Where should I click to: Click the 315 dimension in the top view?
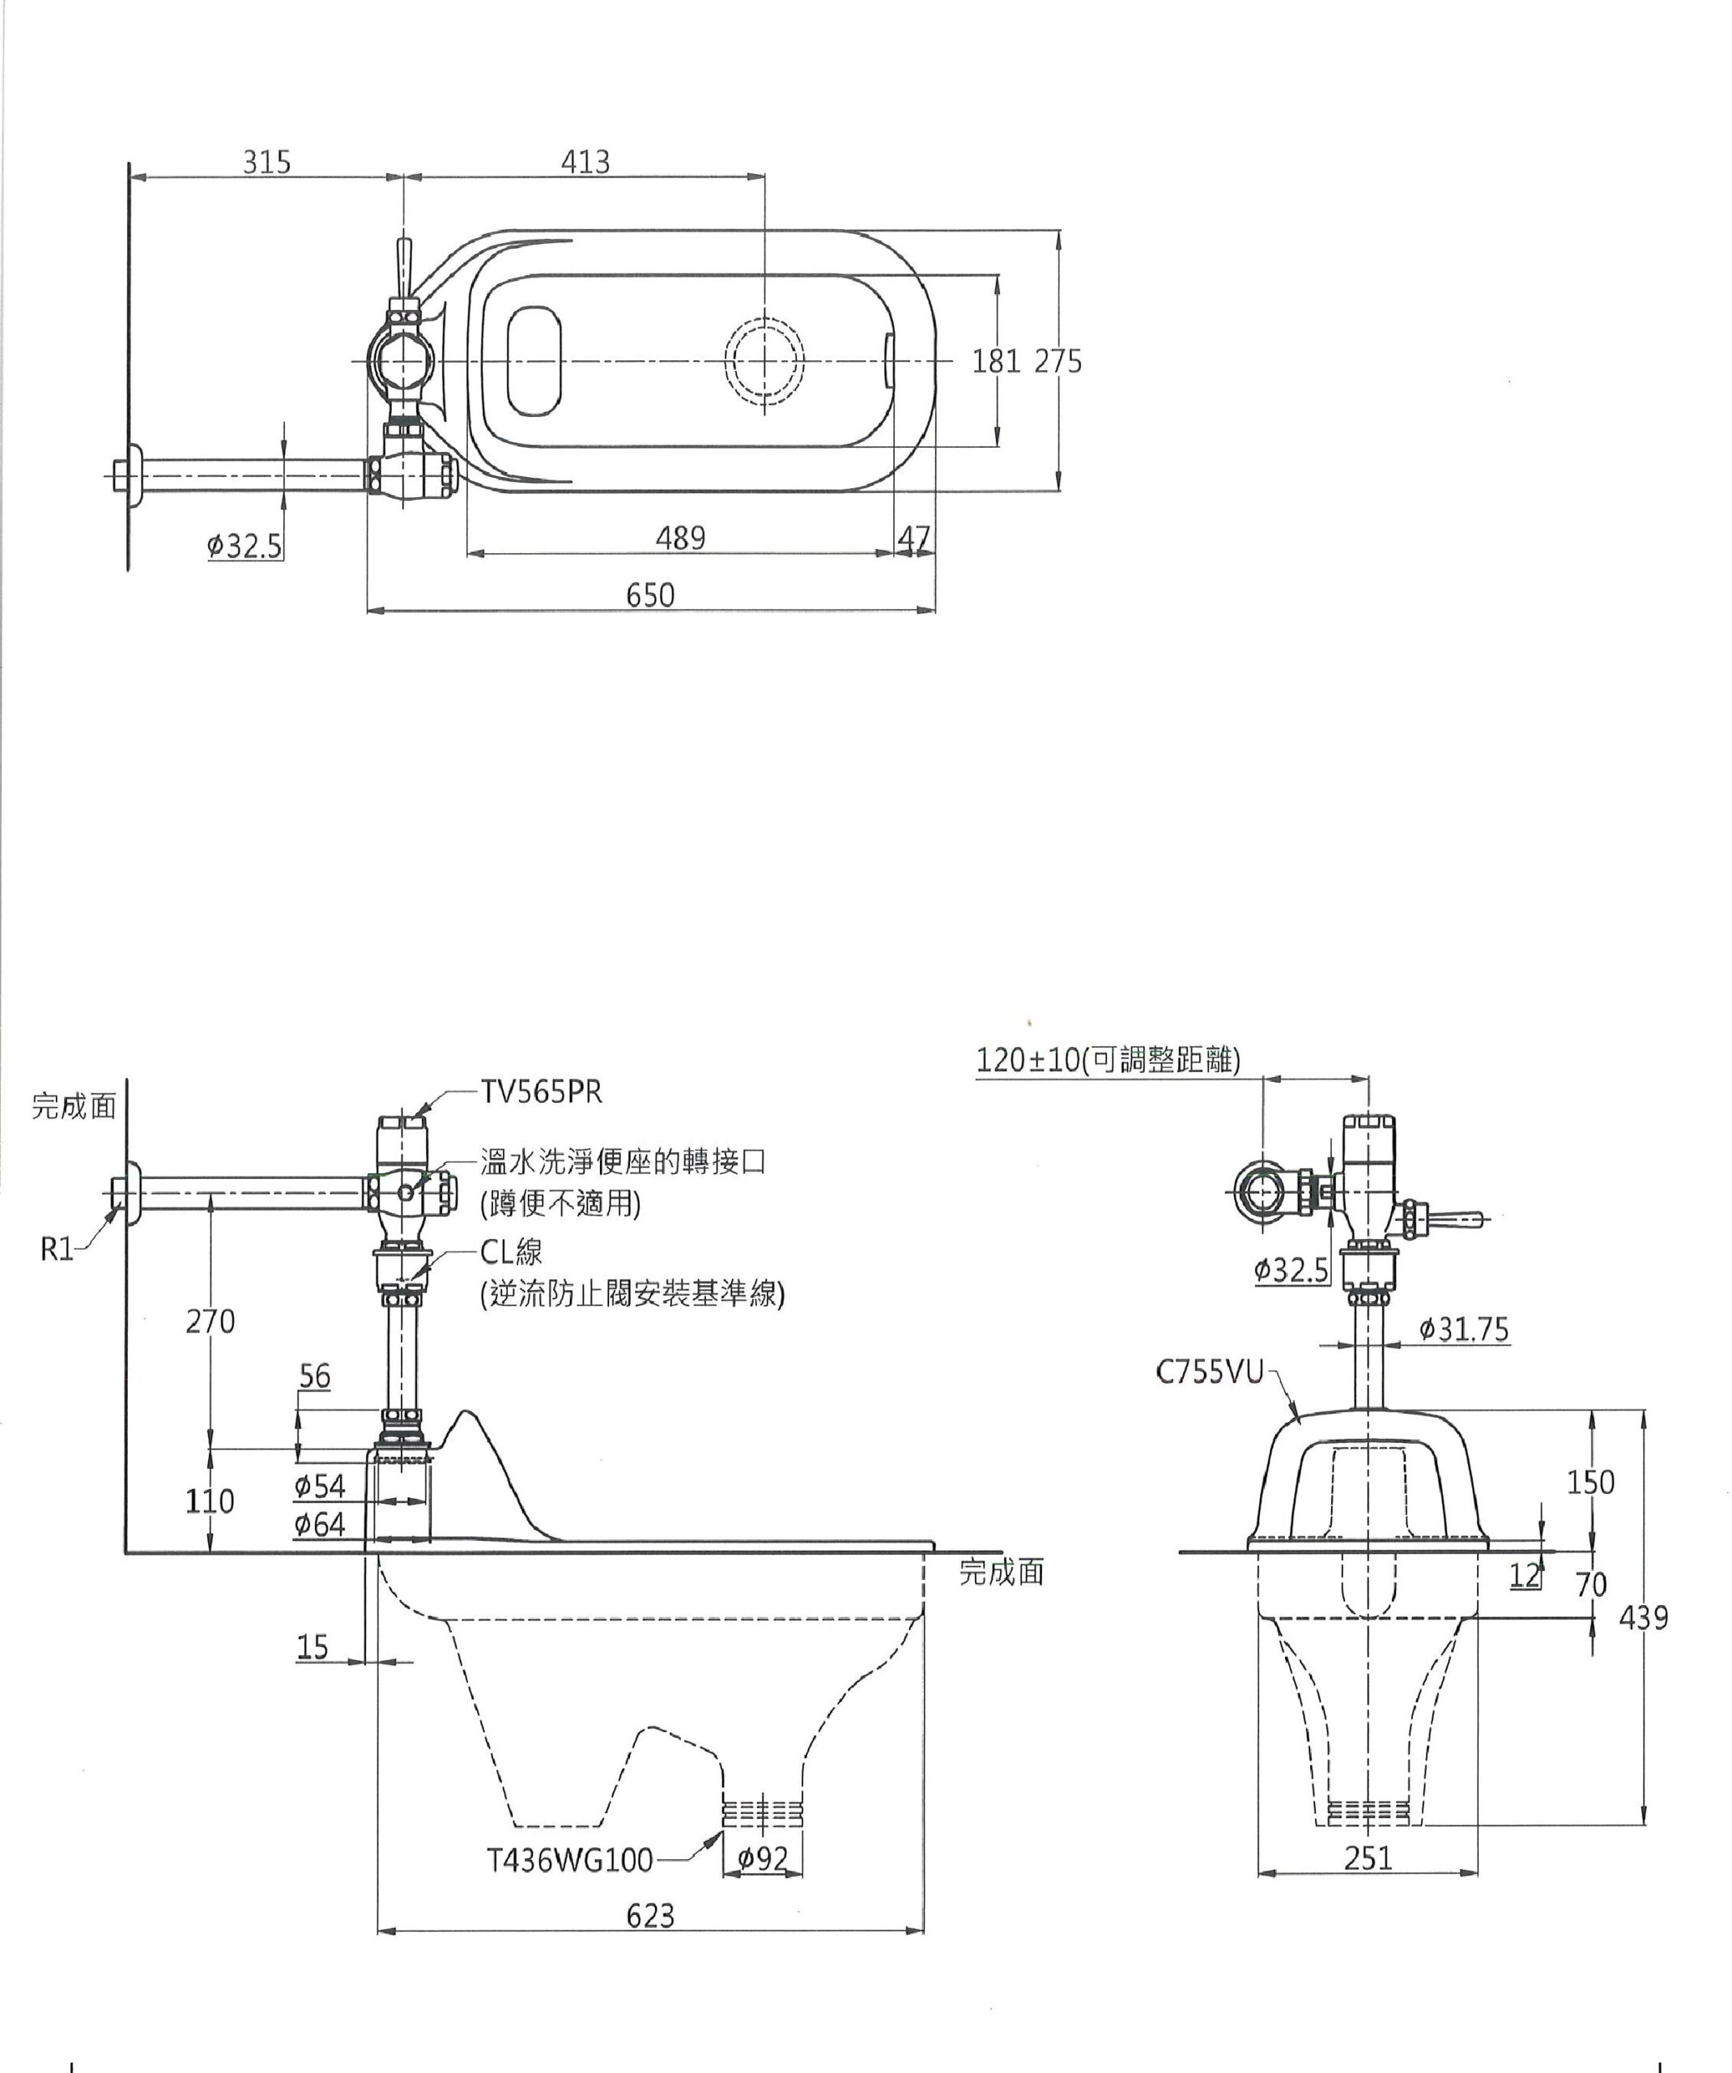click(x=267, y=162)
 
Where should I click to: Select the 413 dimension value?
click(x=585, y=162)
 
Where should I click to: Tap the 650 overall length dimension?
click(x=650, y=595)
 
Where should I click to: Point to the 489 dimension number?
click(x=680, y=538)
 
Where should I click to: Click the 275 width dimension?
click(x=1058, y=362)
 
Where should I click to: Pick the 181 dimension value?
click(x=996, y=362)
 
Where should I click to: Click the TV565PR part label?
click(x=541, y=1092)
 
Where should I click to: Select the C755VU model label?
click(x=1209, y=1373)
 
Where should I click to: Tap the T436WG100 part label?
click(x=569, y=1861)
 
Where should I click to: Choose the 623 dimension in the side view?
click(x=650, y=1916)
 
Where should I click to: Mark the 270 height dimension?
click(x=211, y=1321)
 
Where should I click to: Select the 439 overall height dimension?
click(x=1643, y=1618)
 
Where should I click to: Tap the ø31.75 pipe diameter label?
click(x=1463, y=1330)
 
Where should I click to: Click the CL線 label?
click(x=511, y=1252)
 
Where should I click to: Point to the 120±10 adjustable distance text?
click(x=1107, y=1060)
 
